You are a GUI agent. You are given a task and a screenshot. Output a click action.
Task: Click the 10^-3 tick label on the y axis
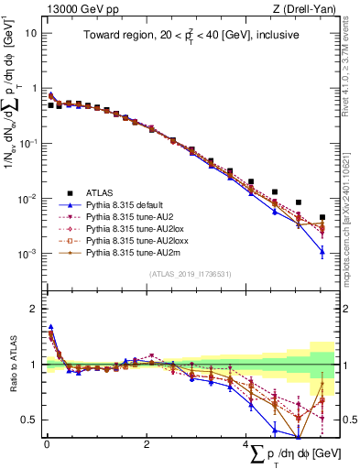[x=27, y=253]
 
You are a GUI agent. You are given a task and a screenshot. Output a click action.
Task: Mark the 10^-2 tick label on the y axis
[x=27, y=198]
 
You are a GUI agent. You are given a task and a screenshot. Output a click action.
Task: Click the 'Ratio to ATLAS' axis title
[x=10, y=365]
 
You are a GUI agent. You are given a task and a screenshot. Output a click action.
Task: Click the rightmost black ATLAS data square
[x=322, y=218]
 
